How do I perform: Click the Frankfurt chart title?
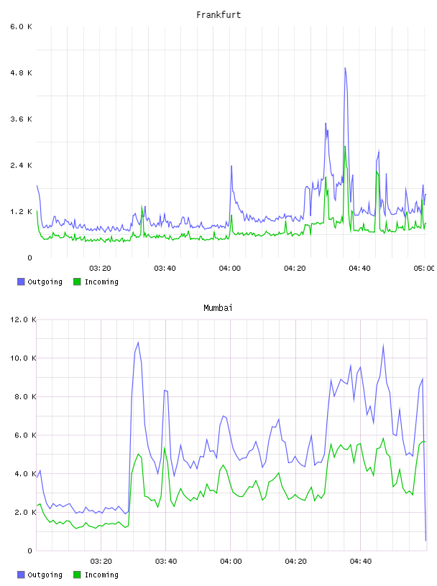pyautogui.click(x=218, y=15)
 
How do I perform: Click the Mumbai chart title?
pyautogui.click(x=218, y=308)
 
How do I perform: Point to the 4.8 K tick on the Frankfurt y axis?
pyautogui.click(x=22, y=73)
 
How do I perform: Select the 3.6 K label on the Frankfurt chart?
pyautogui.click(x=22, y=119)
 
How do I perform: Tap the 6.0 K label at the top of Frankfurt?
pyautogui.click(x=22, y=27)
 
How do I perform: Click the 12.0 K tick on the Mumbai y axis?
pyautogui.click(x=23, y=320)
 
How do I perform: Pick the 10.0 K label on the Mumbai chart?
pyautogui.click(x=23, y=358)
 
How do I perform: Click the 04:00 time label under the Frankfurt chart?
pyautogui.click(x=230, y=269)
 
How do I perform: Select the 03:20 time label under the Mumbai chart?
pyautogui.click(x=101, y=562)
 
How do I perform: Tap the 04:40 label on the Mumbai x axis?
pyautogui.click(x=361, y=562)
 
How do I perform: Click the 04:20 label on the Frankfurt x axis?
pyautogui.click(x=295, y=269)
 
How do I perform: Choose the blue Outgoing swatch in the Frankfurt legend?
pyautogui.click(x=21, y=282)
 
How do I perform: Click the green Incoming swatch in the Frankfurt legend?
pyautogui.click(x=77, y=282)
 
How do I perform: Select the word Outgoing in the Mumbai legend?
pyautogui.click(x=45, y=575)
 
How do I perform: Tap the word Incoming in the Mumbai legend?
pyautogui.click(x=101, y=575)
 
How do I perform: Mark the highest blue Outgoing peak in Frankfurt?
pyautogui.click(x=345, y=68)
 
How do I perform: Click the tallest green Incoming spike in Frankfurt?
pyautogui.click(x=345, y=146)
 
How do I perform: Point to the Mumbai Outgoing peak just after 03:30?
pyautogui.click(x=139, y=343)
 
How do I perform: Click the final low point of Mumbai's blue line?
pyautogui.click(x=425, y=541)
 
